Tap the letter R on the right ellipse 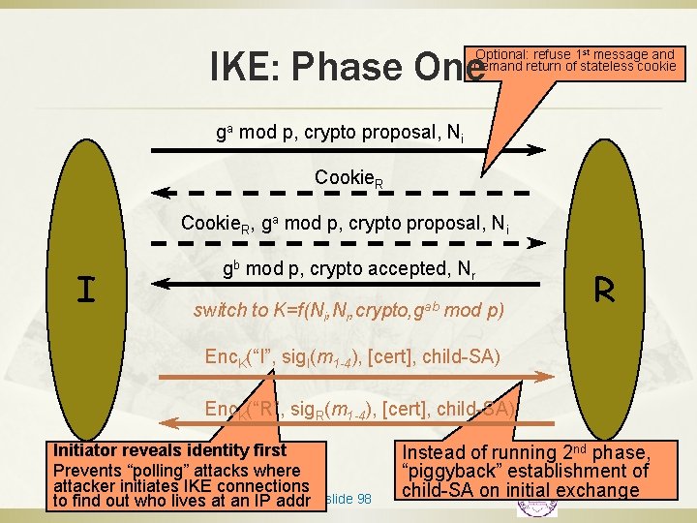(x=605, y=289)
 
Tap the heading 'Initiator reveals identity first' (x=169, y=450)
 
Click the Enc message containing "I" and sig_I (x=351, y=357)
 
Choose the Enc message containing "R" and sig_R (x=359, y=408)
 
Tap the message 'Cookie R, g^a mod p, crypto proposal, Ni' (x=345, y=224)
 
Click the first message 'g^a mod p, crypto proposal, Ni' (x=339, y=133)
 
